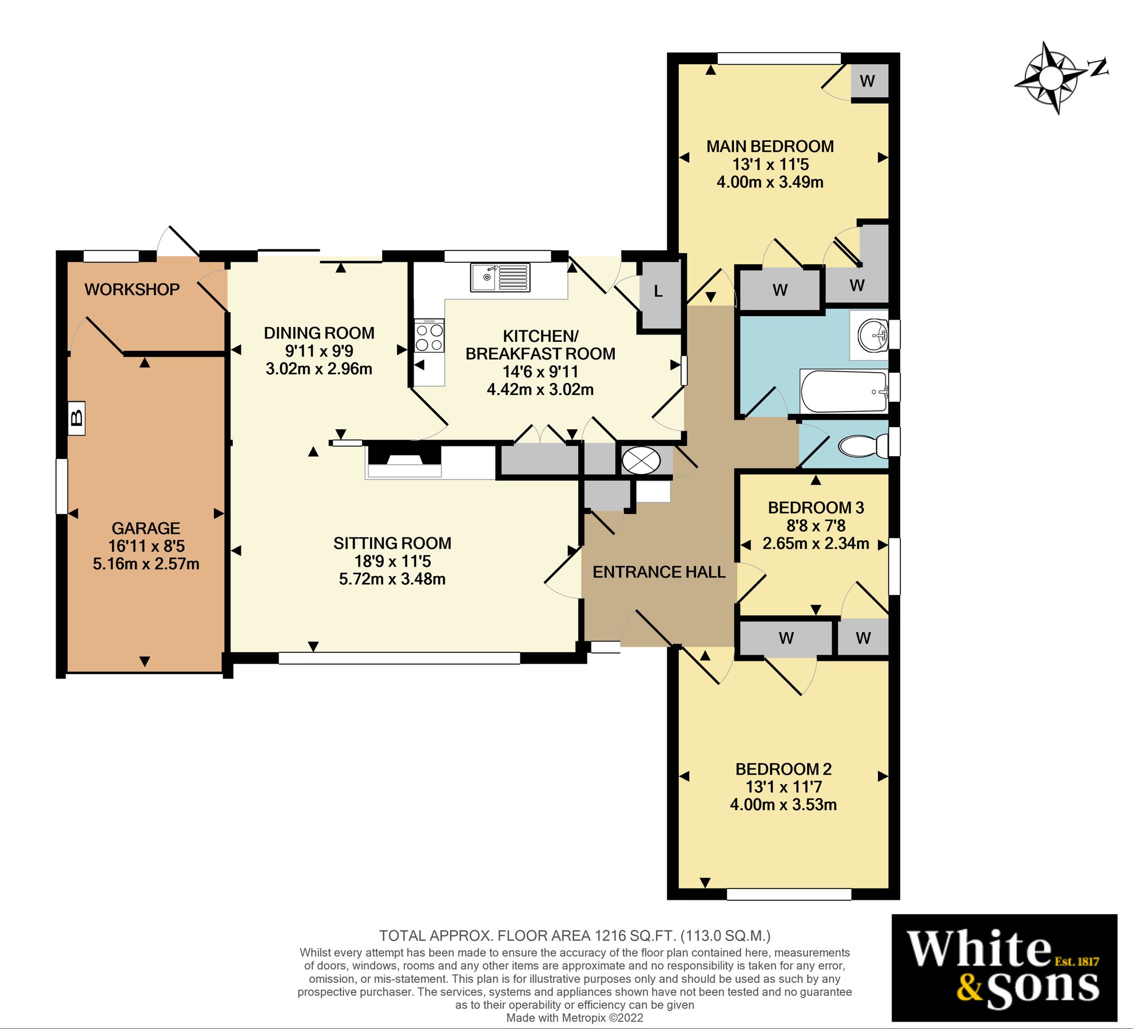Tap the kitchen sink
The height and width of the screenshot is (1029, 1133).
coord(500,277)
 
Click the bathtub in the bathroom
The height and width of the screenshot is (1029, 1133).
coord(843,391)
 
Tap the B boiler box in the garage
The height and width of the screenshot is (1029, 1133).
coord(76,418)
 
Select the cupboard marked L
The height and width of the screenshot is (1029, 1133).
coord(659,292)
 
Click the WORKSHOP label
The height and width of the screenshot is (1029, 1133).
coord(132,289)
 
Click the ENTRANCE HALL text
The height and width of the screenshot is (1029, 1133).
coord(659,572)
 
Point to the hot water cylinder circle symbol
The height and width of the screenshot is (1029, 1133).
coord(641,461)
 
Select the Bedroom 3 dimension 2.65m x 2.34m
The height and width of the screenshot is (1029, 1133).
coord(816,544)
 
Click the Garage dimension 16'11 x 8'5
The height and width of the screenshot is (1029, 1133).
coord(146,546)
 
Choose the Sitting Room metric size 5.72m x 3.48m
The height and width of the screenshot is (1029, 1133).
coord(392,579)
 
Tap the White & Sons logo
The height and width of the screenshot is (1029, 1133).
coord(1004,967)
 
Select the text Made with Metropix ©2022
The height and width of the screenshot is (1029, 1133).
coord(574,1018)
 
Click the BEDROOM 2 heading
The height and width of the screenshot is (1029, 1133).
coord(783,769)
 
